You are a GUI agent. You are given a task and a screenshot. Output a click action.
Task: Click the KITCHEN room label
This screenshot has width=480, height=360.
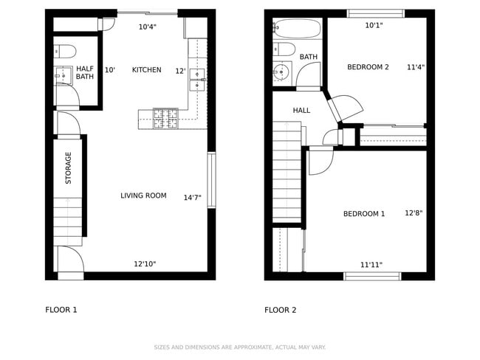[x=146, y=70]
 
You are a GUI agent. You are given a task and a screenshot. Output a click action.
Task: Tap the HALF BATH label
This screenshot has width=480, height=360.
[x=85, y=72]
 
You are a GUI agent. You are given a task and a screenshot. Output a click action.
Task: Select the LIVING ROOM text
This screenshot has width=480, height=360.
[x=143, y=195]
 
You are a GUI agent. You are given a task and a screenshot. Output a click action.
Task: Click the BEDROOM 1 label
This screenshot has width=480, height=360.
[x=364, y=214]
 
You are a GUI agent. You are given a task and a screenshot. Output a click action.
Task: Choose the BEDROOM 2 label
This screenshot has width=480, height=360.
[x=368, y=67]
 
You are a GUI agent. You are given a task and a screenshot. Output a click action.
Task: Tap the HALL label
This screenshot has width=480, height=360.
[x=301, y=111]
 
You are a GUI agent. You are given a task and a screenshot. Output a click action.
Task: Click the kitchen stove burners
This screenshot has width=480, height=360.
[x=165, y=118]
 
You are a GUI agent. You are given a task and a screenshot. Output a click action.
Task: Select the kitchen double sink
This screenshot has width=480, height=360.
[x=197, y=79]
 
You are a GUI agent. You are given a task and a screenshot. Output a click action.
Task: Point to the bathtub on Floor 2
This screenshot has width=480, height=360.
[x=297, y=30]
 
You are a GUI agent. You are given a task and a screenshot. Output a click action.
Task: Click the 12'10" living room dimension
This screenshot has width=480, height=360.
[x=145, y=264]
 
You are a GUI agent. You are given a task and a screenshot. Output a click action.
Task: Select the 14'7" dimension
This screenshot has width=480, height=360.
[x=192, y=197]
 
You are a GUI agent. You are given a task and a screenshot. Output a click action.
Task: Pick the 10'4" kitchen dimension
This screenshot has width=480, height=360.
[x=148, y=27]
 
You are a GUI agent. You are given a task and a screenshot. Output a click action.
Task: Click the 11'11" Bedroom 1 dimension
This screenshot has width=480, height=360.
[x=371, y=264]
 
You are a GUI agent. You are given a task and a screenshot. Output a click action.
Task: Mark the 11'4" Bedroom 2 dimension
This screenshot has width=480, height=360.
[x=416, y=67]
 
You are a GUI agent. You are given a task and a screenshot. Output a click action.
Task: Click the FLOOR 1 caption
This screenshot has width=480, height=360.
[x=61, y=310]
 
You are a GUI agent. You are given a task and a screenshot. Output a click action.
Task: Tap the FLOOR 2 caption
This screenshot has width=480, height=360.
[x=280, y=310]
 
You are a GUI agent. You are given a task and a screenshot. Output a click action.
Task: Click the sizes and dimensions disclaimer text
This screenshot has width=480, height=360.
[x=239, y=347]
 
